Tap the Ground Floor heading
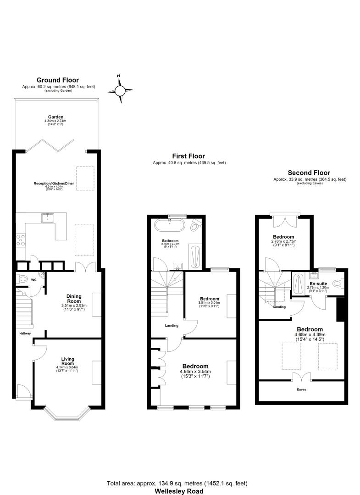57,80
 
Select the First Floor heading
188,156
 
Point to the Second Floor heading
309,172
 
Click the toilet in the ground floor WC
22,278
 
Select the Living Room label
67,361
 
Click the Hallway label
25,334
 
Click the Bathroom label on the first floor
170,240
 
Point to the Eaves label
301,389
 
